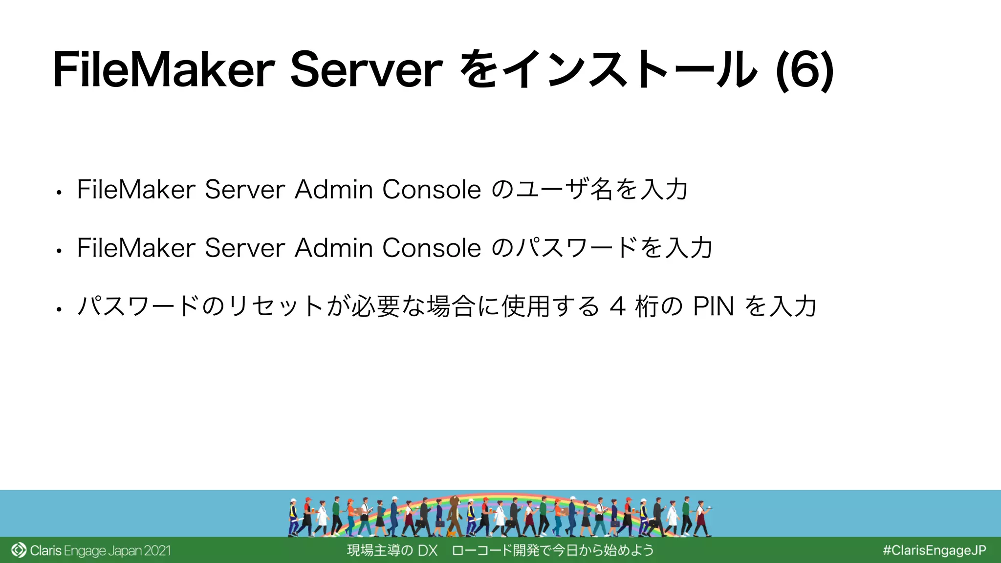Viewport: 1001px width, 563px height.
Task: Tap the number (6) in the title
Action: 805,71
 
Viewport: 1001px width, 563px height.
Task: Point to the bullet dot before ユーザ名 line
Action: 59,193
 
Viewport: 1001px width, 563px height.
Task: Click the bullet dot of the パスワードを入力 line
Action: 59,251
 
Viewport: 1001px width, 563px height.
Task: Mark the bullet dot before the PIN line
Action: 59,309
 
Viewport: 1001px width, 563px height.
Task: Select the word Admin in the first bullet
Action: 334,190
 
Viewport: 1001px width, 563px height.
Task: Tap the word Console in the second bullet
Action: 432,248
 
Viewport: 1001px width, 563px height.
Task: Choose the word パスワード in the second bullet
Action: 577,248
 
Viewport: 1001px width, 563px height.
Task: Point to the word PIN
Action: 713,307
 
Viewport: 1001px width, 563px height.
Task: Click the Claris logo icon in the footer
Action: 19,550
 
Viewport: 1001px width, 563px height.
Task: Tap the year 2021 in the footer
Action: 157,551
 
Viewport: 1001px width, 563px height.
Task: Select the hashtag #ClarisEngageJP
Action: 934,550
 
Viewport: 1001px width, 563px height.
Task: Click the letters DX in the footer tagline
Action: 428,550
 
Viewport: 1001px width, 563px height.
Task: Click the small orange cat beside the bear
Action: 452,533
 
